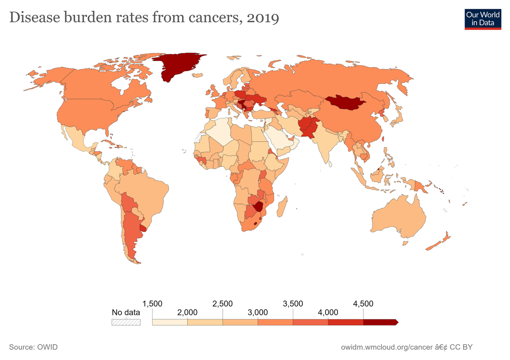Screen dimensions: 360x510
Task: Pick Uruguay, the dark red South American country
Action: [x=143, y=228]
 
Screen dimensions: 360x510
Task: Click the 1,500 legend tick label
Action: [x=152, y=304]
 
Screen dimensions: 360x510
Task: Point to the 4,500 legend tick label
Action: [x=363, y=304]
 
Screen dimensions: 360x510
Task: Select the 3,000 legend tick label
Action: [x=258, y=312]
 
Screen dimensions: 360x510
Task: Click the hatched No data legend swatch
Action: [x=126, y=322]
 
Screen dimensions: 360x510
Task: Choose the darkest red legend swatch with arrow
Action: [x=380, y=322]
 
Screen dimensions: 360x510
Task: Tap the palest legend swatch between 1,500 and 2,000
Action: [x=170, y=322]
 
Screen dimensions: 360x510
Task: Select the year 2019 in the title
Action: [x=262, y=18]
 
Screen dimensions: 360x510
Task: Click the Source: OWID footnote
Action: [x=33, y=347]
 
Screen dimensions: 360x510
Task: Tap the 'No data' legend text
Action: [x=126, y=312]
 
